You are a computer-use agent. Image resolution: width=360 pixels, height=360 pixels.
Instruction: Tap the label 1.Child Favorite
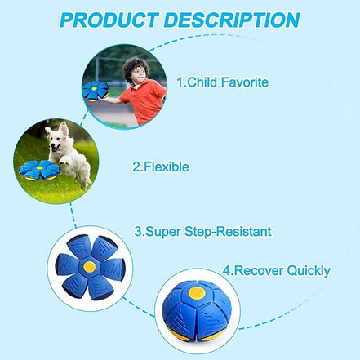click(x=223, y=82)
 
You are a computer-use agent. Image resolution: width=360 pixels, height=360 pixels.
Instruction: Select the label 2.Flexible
click(x=161, y=167)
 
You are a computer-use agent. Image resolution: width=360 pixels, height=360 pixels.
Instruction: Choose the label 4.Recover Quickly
click(x=277, y=270)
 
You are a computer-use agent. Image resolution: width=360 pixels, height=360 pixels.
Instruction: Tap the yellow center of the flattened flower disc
click(x=88, y=266)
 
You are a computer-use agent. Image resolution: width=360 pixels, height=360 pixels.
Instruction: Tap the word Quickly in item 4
click(x=306, y=270)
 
